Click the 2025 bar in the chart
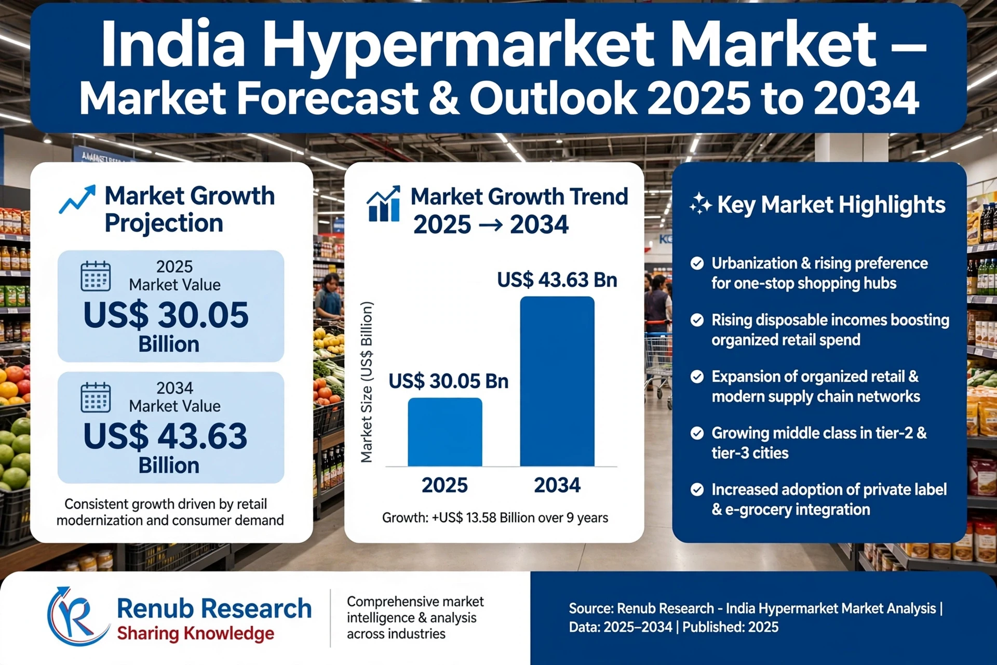point(445,432)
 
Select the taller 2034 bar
point(557,381)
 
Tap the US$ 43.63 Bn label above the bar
point(557,280)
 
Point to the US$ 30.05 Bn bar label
point(449,381)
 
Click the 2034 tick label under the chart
point(557,485)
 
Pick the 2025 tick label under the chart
point(444,485)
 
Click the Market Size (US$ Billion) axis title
point(367,382)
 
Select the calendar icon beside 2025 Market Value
point(96,276)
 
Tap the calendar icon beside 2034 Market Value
point(96,397)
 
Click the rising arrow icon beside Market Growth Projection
point(77,199)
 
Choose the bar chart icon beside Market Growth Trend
point(384,204)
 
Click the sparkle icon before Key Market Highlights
point(700,204)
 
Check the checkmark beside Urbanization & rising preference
point(697,263)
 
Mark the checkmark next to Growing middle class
point(697,433)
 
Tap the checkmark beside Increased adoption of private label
point(697,489)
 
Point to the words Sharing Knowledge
point(196,634)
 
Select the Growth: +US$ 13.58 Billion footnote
point(495,518)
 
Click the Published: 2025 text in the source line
point(731,627)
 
